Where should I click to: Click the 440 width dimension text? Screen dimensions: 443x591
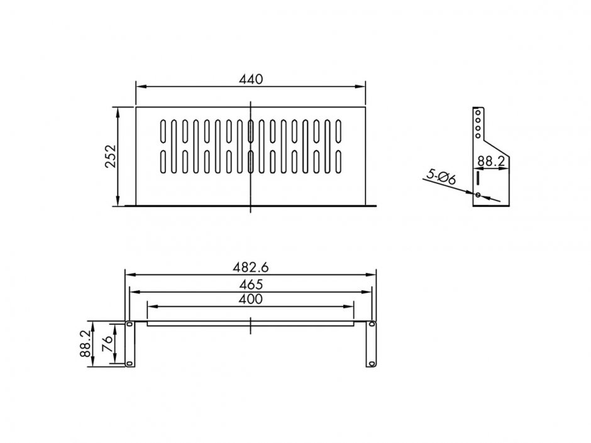250,79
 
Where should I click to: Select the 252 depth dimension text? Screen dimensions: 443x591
110,156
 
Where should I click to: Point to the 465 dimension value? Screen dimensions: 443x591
251,284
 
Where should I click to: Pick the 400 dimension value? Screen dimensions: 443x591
251,299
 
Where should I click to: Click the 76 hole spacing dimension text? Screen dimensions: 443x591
108,343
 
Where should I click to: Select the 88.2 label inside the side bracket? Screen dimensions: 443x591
491,161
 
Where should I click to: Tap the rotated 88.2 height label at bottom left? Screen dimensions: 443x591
85,344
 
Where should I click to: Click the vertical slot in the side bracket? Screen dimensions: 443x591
478,178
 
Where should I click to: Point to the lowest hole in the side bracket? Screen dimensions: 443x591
478,195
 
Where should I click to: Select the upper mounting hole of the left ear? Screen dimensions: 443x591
129,325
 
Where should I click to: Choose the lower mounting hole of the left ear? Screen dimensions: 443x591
129,363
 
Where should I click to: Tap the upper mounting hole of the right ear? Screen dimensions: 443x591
372,325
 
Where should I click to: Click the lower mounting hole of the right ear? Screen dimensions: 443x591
372,363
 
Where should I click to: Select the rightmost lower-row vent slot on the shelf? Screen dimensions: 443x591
339,161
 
